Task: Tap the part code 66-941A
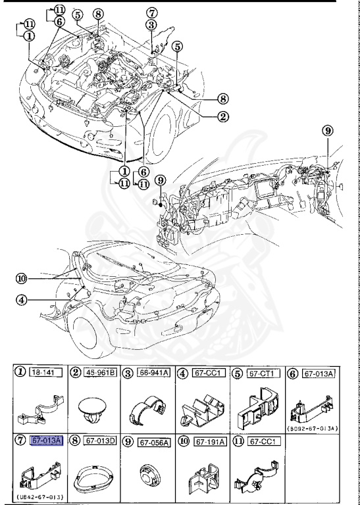point(160,373)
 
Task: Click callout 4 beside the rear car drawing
point(23,301)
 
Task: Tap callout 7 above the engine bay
point(151,12)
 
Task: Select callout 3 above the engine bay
point(151,25)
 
